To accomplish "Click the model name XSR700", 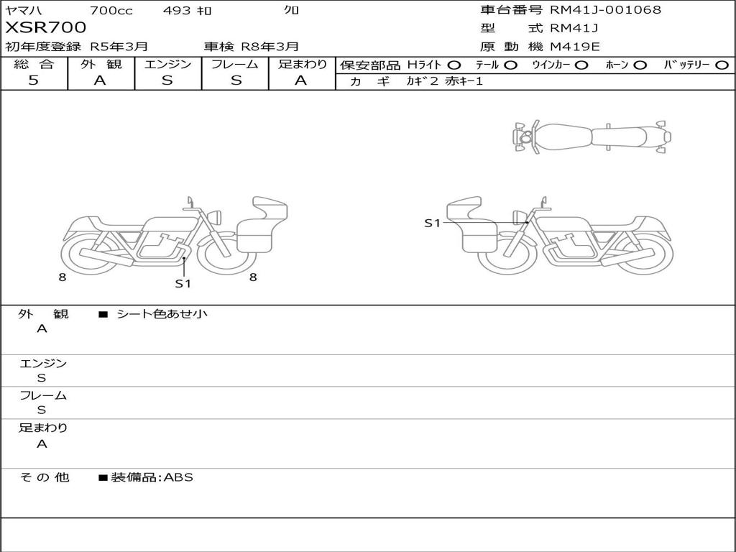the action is tap(45, 27).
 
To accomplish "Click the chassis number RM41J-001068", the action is tap(605, 10).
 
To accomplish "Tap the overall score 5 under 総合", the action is tap(33, 80).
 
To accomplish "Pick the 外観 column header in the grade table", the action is tap(101, 64).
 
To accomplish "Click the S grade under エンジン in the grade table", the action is tap(167, 80).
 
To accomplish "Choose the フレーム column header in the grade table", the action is tap(235, 64).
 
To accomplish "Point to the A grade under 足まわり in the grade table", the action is tap(301, 80).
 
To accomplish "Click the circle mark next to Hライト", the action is tap(454, 65).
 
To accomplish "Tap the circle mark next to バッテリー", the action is tap(722, 65).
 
